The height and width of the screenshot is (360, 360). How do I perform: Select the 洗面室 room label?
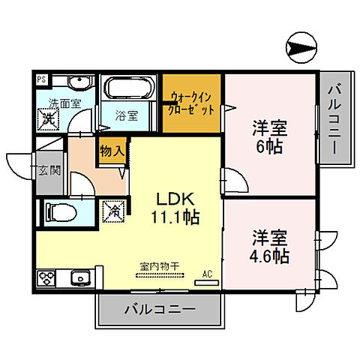tap(64, 104)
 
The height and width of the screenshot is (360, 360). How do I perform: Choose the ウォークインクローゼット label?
tap(192, 103)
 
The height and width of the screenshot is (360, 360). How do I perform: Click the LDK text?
tap(175, 199)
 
